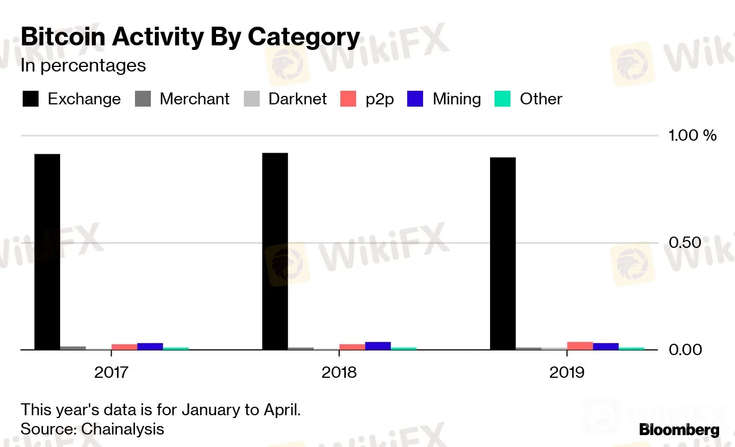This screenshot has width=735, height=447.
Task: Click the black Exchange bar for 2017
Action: tap(47, 252)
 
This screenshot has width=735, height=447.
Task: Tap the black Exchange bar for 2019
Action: tap(502, 254)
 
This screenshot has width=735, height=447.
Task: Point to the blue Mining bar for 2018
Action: tap(378, 346)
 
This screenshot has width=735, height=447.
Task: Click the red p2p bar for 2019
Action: tap(580, 346)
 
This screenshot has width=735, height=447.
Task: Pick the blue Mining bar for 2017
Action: tap(150, 347)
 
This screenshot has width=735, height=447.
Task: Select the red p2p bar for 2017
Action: tap(124, 347)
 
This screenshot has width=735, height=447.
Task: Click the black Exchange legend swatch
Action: tap(30, 99)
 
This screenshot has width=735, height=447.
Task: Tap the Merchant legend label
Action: tap(195, 99)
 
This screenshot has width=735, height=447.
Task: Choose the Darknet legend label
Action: tap(297, 99)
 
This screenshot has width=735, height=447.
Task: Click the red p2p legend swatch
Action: tap(348, 99)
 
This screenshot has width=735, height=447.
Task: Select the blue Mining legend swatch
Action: tap(416, 99)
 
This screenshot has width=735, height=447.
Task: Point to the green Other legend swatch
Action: tap(503, 99)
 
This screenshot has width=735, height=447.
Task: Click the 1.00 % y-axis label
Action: tap(692, 136)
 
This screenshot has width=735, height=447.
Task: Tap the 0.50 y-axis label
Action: tap(685, 243)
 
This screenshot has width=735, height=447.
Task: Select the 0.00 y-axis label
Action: tap(685, 349)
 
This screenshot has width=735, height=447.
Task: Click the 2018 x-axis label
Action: tap(339, 373)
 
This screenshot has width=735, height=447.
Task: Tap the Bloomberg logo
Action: tap(679, 430)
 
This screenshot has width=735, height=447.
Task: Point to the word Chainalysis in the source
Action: tap(122, 429)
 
